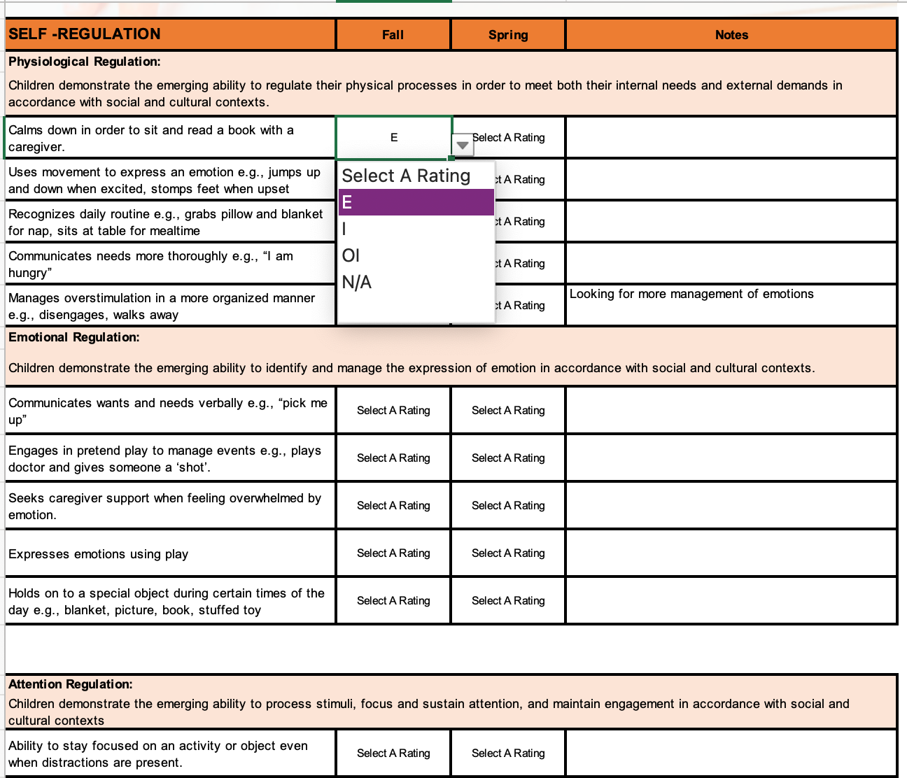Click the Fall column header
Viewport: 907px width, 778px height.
point(393,35)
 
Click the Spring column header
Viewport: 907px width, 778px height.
point(508,35)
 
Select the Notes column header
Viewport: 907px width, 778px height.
point(731,35)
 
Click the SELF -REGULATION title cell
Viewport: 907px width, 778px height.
point(85,34)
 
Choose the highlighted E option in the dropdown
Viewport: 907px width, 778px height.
point(416,202)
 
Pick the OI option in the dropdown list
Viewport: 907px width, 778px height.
point(351,255)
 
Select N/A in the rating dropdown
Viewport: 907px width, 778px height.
point(357,282)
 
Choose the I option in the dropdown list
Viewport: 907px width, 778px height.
point(344,229)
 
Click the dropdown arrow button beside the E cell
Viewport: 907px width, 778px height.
point(463,145)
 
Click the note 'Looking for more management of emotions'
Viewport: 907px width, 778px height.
point(691,294)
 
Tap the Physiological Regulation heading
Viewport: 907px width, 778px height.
point(85,62)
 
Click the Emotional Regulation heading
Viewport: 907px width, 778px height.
point(74,337)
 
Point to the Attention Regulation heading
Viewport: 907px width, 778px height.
point(71,684)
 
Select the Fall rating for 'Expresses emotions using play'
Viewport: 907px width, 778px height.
point(393,553)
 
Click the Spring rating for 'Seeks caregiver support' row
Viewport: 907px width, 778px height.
point(508,506)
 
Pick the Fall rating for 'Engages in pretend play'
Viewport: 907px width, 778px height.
point(393,458)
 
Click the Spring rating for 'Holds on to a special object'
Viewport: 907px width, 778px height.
point(508,601)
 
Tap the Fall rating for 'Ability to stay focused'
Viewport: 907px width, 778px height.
point(393,754)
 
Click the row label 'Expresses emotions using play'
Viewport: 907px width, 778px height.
point(99,554)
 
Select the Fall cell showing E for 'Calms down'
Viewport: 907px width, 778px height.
point(394,138)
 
